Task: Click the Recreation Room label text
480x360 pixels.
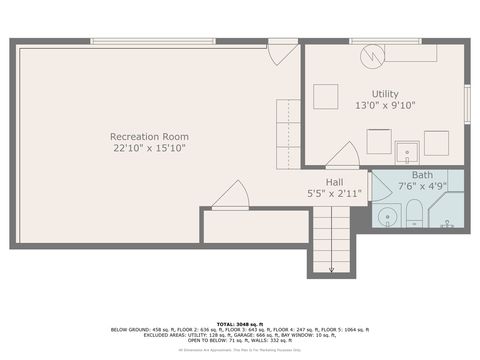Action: point(149,136)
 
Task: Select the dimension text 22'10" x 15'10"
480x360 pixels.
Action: point(149,148)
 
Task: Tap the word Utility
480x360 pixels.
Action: point(385,93)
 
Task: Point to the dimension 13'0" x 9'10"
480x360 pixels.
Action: point(385,105)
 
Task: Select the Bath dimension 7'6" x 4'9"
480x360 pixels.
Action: point(416,186)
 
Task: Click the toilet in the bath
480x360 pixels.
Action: point(414,213)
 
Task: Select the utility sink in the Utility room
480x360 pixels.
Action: point(406,152)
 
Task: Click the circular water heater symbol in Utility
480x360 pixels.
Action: point(373,54)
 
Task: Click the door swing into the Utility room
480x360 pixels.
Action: point(343,154)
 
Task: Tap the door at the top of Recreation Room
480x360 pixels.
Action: point(282,50)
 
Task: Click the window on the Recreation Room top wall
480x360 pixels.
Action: point(152,41)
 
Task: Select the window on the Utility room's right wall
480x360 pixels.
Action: point(467,104)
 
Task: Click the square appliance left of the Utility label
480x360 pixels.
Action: point(326,96)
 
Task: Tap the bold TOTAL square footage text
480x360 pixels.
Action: point(240,323)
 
